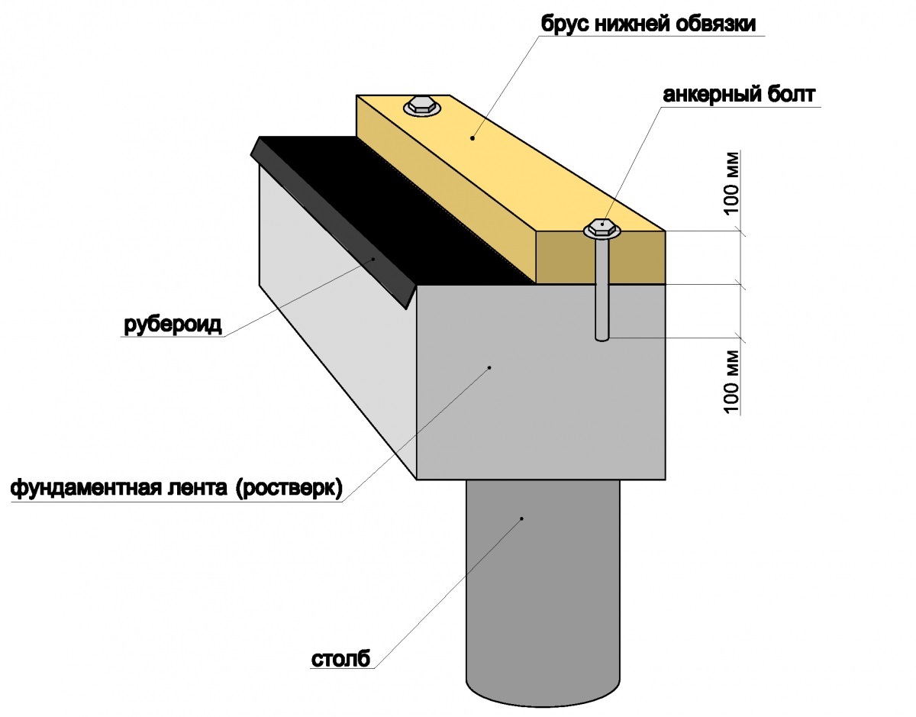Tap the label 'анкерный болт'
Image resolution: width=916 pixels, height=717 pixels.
pos(740,95)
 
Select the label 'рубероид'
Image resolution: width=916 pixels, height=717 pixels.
pos(173,325)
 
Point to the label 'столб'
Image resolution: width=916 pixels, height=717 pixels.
pos(340,658)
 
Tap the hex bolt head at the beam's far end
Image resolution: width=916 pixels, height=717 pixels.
pos(421,105)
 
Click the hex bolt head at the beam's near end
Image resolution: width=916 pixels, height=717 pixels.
pos(602,227)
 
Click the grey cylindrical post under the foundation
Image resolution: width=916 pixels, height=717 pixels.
pos(543,588)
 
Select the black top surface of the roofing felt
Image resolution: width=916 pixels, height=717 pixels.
pos(397,221)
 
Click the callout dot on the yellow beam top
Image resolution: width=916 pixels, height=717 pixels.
pos(473,138)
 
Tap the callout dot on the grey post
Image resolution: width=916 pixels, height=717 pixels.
pos(522,518)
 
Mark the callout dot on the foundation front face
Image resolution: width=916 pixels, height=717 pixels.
pos(489,367)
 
